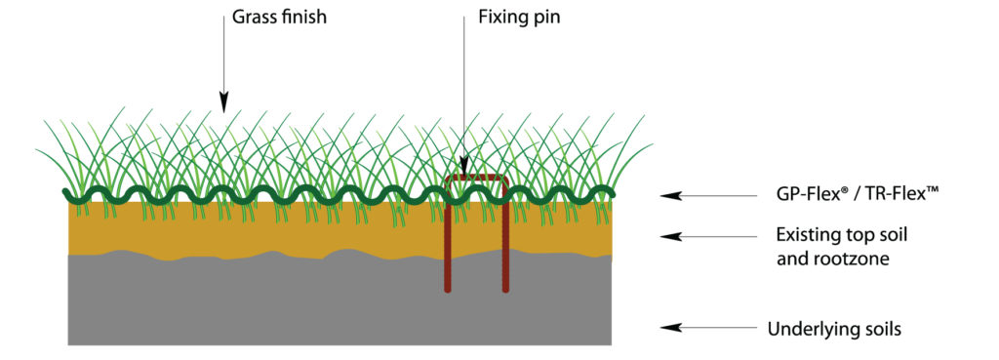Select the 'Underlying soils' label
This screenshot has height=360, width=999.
coord(834,329)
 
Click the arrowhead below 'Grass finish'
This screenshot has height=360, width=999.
coord(222,100)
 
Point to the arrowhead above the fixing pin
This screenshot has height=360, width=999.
coord(464,168)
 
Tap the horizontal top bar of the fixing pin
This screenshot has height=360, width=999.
coord(476,179)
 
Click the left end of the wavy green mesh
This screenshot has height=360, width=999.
coord(66,193)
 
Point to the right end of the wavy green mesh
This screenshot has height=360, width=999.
coord(612,193)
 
